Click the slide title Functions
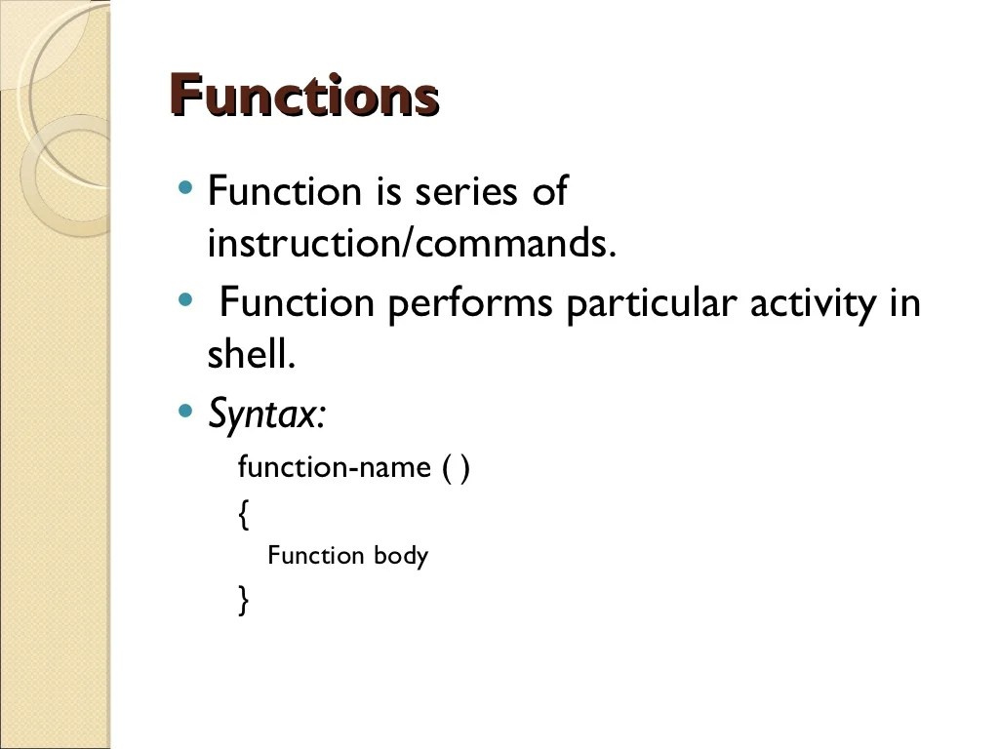(x=304, y=97)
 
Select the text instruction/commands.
(x=412, y=244)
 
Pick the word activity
(x=814, y=305)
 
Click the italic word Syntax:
(x=266, y=416)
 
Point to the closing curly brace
(x=243, y=600)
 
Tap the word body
(x=401, y=556)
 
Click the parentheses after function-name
(x=456, y=468)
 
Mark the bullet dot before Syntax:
(x=186, y=411)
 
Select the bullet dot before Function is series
(x=186, y=186)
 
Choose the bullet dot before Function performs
(x=186, y=299)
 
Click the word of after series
(x=548, y=191)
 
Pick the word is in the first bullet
(x=387, y=191)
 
